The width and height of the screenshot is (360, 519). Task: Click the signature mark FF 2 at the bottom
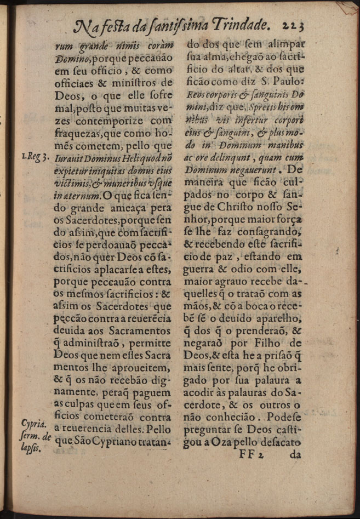pos(253,454)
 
